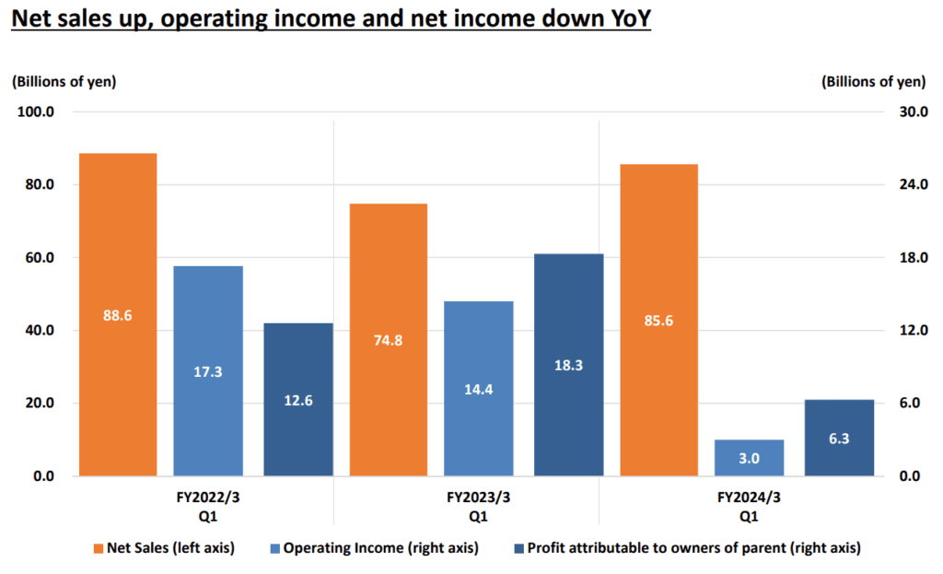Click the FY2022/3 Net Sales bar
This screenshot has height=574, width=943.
117,276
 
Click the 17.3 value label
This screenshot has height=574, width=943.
208,372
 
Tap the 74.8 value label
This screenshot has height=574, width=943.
388,340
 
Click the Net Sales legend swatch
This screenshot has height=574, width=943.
99,548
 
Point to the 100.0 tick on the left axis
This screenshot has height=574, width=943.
38,111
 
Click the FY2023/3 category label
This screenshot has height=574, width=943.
478,505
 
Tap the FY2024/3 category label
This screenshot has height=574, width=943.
749,505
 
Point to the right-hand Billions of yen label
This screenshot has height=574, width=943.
873,81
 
